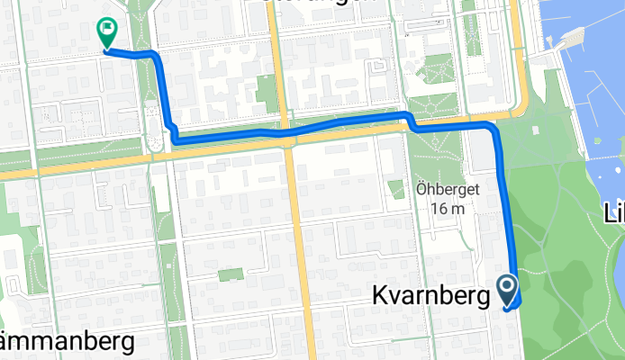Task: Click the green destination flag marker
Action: tap(107, 33)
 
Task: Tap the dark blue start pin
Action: tap(507, 290)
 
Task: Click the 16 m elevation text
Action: tap(447, 209)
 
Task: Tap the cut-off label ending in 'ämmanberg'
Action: tap(68, 342)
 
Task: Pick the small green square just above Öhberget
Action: tap(396, 189)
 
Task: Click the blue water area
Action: tap(594, 90)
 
